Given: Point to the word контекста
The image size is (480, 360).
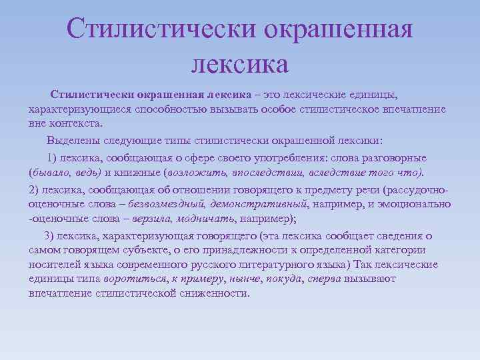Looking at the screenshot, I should (74, 124).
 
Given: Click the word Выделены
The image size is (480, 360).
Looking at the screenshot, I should (69, 141).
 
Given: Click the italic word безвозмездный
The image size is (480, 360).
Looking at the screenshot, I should (165, 203).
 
